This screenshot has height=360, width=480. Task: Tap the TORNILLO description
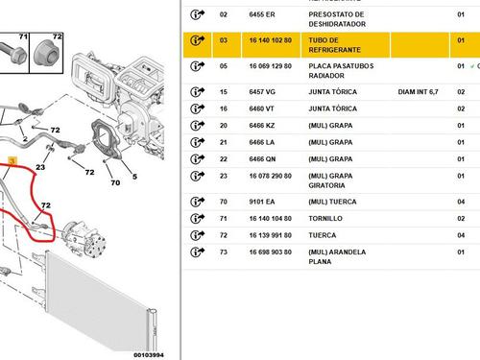tap(325, 218)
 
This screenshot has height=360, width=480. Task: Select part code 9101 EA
tap(233, 202)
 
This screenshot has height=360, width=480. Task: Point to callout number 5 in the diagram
tap(134, 178)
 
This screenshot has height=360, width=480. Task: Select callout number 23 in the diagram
tap(39, 167)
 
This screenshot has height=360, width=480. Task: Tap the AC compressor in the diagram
tap(82, 232)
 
